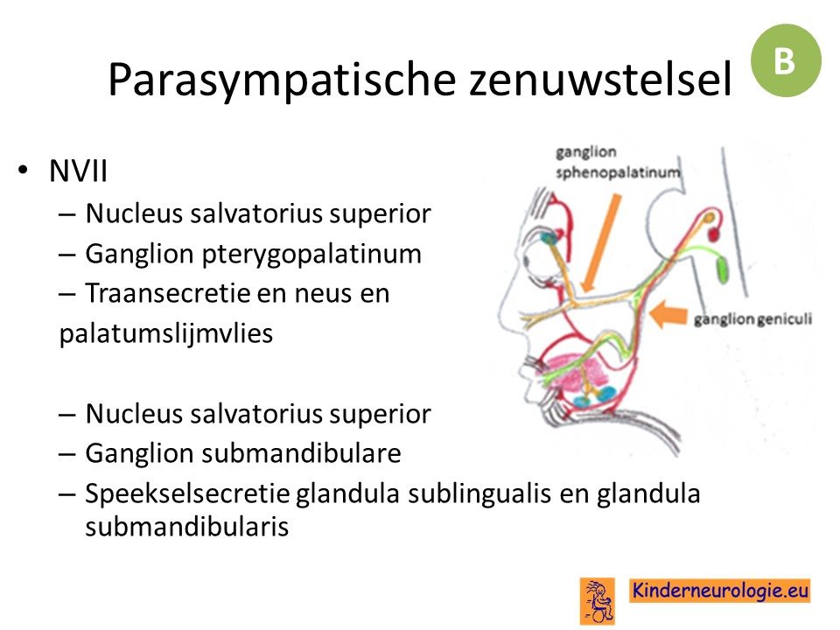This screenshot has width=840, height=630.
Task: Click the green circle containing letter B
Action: [x=786, y=60]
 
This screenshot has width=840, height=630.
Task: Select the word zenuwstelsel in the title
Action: [x=600, y=80]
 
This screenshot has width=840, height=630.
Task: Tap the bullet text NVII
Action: [x=78, y=171]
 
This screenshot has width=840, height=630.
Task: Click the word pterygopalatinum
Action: [x=311, y=255]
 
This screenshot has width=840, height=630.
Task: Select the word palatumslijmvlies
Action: [x=166, y=333]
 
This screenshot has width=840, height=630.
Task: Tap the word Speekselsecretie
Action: [x=187, y=493]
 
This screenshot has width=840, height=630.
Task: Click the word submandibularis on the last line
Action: [x=187, y=526]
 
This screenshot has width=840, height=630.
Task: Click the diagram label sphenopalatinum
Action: [x=618, y=173]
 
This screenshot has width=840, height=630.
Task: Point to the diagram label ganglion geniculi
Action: [x=752, y=319]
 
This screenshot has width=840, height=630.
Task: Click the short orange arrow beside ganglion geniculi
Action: [x=668, y=313]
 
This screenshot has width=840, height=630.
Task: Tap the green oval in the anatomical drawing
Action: [x=723, y=270]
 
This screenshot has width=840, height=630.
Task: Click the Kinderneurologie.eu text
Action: [x=720, y=591]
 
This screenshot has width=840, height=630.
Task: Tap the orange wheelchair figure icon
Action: [x=598, y=600]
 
